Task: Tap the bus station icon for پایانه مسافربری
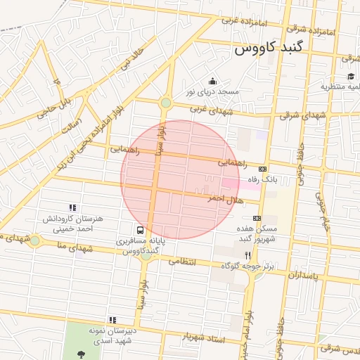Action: click(141, 230)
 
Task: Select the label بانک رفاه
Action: click(263, 180)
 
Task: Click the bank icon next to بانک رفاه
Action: click(263, 169)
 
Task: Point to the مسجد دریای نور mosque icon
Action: click(213, 81)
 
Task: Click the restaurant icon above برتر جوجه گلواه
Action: click(247, 255)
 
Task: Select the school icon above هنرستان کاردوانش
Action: click(72, 207)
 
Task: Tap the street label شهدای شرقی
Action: click(303, 115)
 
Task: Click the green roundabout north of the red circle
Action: click(166, 103)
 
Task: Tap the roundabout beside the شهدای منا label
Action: click(34, 240)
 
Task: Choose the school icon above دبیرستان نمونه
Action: click(113, 319)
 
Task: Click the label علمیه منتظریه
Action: click(340, 86)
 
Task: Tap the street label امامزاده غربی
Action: click(244, 21)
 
